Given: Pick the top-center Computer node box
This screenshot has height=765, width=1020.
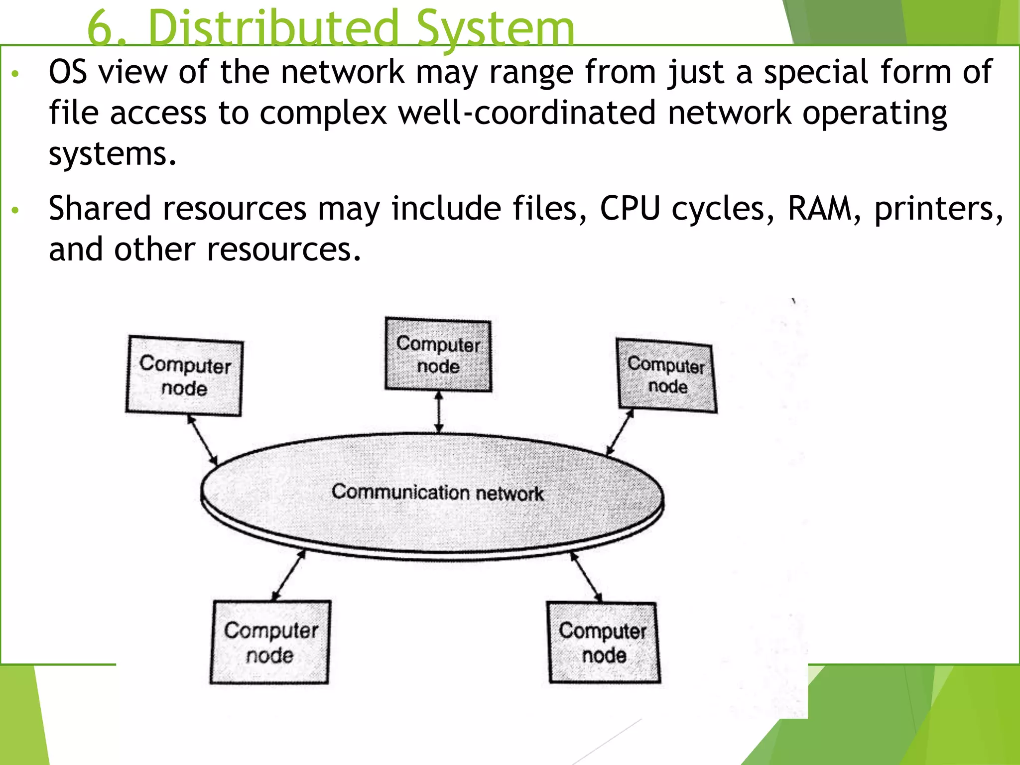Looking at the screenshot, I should pos(438,355).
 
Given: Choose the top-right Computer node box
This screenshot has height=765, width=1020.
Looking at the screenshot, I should pos(666,375).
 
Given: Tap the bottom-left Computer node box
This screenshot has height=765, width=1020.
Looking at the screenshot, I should pos(270,642).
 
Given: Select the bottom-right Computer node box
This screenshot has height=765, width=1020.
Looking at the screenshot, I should pos(604,642).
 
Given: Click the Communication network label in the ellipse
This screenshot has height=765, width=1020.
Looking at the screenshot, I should pos(437,492).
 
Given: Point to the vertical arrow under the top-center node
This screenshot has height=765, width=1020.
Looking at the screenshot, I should pos(439,412).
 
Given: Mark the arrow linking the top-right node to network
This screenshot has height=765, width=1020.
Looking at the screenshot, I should pos(620,432).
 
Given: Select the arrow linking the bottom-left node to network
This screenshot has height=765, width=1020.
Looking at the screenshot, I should pos(289,575).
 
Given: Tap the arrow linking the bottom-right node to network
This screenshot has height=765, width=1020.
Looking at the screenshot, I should pos(586,576).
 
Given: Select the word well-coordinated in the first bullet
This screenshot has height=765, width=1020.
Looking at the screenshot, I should pos(526,113).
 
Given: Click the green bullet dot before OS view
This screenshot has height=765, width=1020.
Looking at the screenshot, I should pos(15,74).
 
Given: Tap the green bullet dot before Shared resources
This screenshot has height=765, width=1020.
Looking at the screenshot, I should pos(15,210).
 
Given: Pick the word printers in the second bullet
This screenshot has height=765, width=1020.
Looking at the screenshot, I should pos(934,209).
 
